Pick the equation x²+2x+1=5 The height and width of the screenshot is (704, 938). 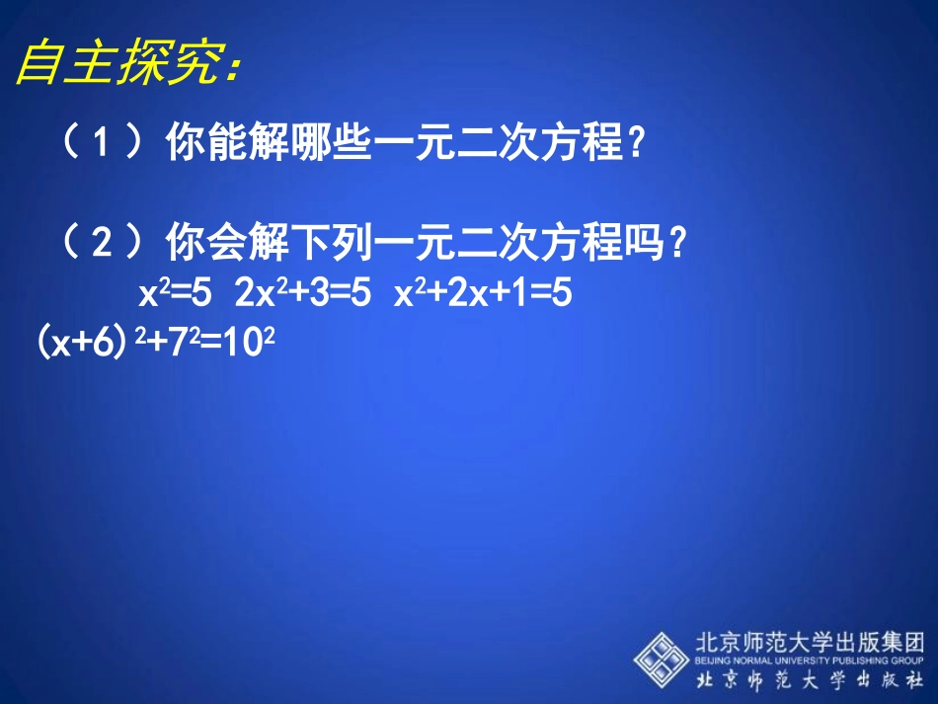pyautogui.click(x=483, y=295)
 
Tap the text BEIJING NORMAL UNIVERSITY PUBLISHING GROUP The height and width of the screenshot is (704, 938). pyautogui.click(x=809, y=660)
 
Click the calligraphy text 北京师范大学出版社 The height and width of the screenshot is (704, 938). pyautogui.click(x=809, y=681)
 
